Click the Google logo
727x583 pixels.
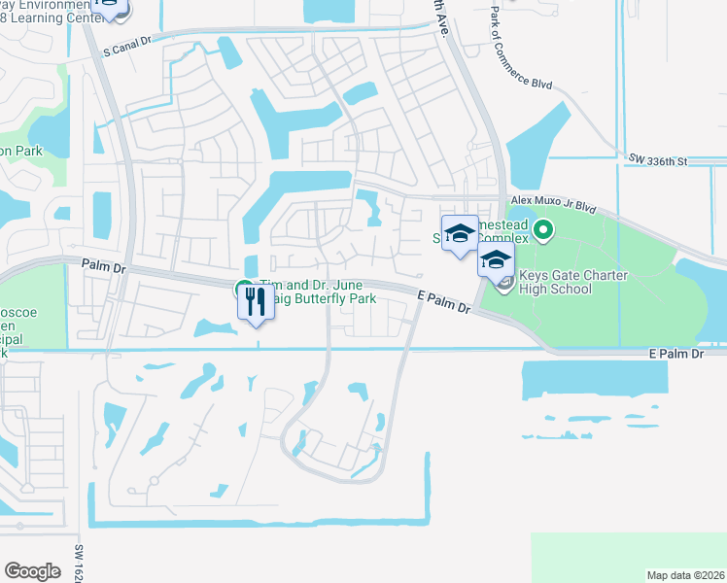click(x=32, y=570)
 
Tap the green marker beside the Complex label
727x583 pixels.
click(x=542, y=231)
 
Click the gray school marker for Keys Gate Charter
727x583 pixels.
click(x=502, y=283)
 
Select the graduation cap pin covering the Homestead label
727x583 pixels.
click(x=460, y=233)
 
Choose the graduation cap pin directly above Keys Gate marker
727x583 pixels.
click(x=495, y=259)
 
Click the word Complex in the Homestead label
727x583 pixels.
click(x=505, y=238)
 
